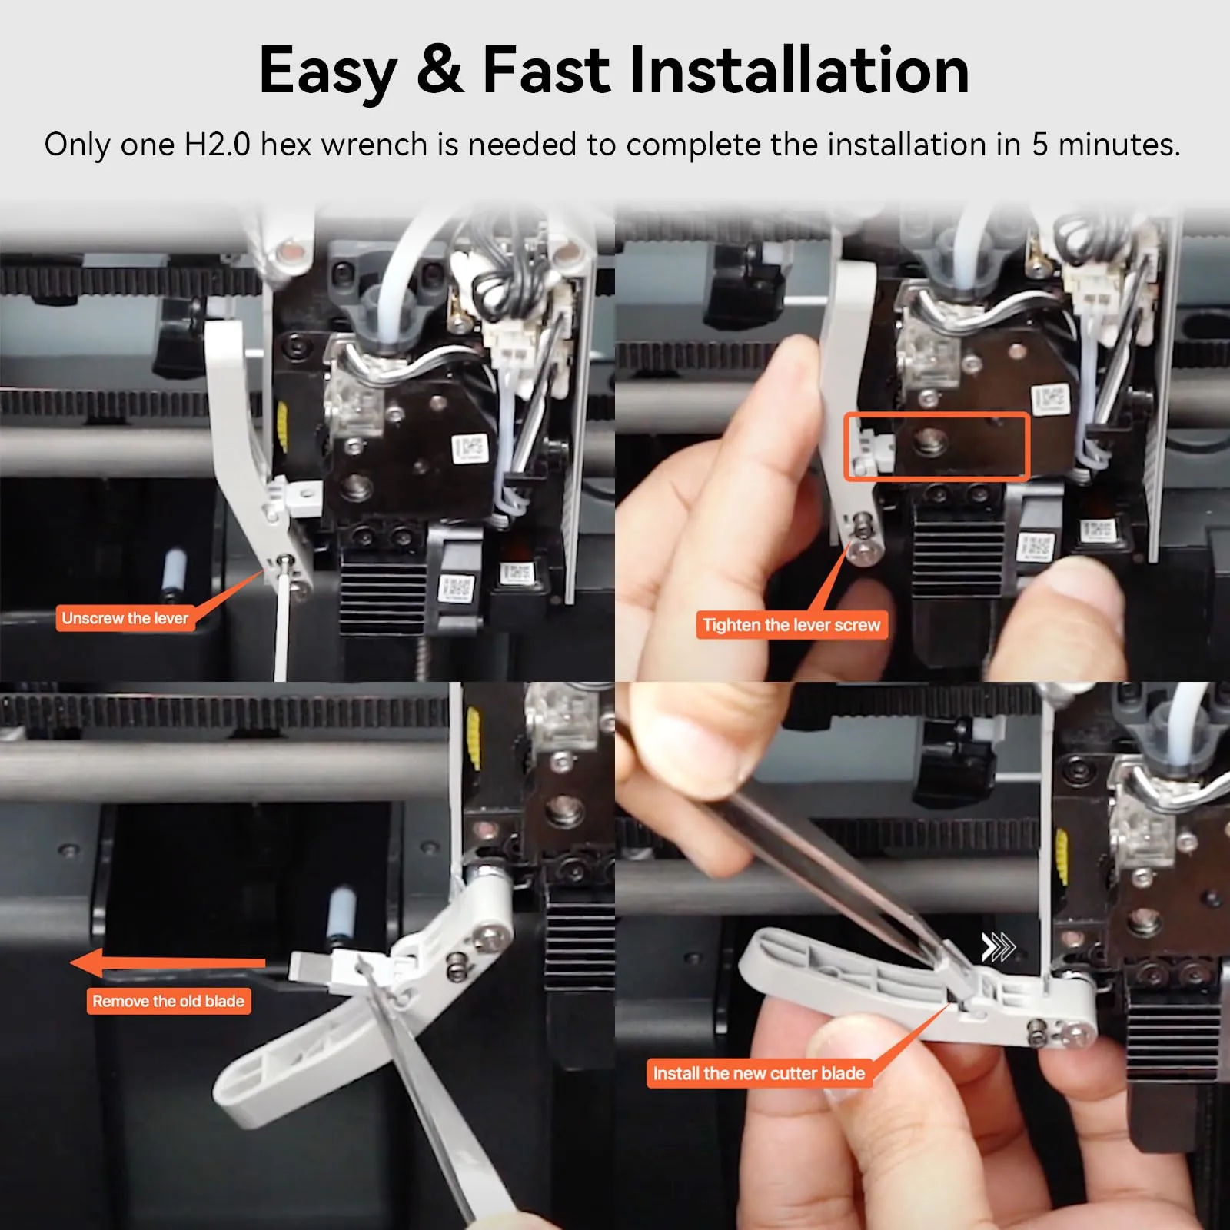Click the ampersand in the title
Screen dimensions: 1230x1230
[440, 70]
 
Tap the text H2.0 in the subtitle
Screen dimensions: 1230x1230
[217, 145]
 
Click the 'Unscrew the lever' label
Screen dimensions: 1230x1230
[125, 618]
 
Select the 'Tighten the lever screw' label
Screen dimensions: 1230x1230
[792, 625]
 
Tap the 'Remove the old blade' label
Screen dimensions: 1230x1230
[168, 1001]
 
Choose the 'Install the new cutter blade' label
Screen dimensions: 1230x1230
[759, 1073]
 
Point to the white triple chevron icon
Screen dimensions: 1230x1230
[998, 947]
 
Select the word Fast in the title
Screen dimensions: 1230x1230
[546, 70]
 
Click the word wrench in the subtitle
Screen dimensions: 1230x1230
[374, 145]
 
